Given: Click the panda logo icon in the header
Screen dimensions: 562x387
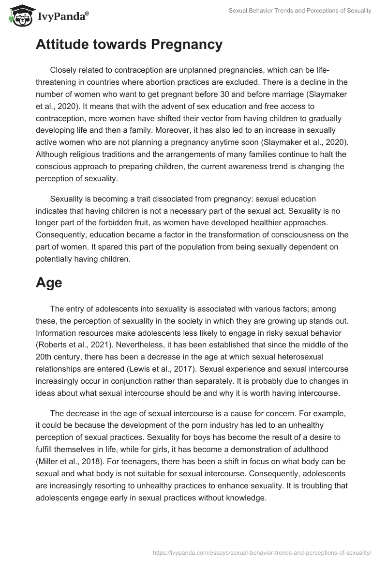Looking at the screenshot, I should point(18,15).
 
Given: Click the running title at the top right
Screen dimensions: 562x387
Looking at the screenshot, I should point(300,11).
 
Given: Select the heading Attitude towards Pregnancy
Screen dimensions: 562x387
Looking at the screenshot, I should point(129,45).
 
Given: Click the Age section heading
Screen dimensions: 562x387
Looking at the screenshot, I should point(49,282).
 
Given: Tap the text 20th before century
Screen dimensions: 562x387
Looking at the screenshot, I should point(45,357).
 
